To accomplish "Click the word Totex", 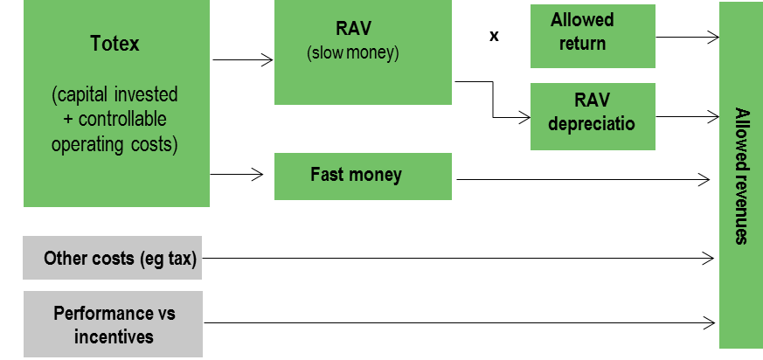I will pyautogui.click(x=115, y=43).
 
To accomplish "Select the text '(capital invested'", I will pyautogui.click(x=115, y=94).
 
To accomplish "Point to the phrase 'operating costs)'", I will pyautogui.click(x=114, y=144).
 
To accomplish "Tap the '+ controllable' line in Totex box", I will pyautogui.click(x=115, y=120).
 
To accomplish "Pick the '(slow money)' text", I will pyautogui.click(x=352, y=53).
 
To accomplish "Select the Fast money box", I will pyautogui.click(x=363, y=176).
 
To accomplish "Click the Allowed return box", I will pyautogui.click(x=593, y=36).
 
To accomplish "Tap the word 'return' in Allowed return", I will pyautogui.click(x=583, y=42).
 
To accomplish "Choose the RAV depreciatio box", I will pyautogui.click(x=593, y=116).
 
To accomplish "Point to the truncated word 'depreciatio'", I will pyautogui.click(x=592, y=123).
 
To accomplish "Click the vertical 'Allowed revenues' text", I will pyautogui.click(x=741, y=176).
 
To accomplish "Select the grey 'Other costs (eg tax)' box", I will pyautogui.click(x=112, y=258).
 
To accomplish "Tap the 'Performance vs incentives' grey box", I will pyautogui.click(x=112, y=324).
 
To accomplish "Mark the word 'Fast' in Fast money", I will pyautogui.click(x=327, y=175).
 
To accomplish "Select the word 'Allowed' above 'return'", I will pyautogui.click(x=583, y=20).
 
